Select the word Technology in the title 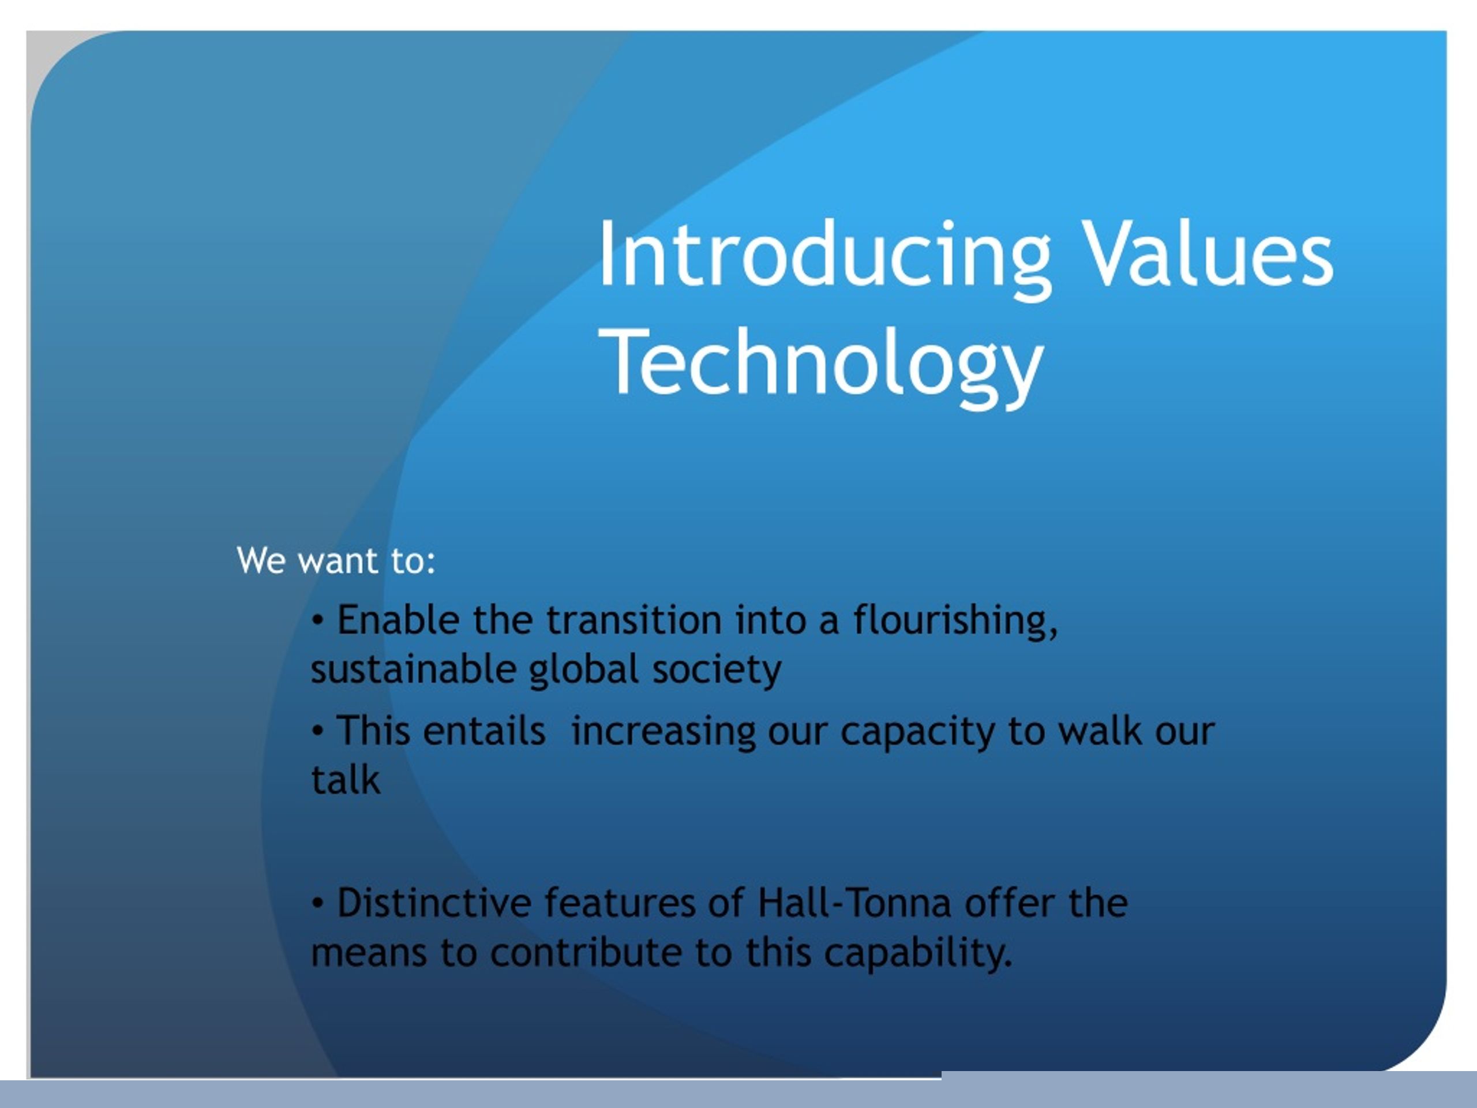(822, 365)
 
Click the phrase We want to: (336, 560)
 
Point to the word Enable (398, 619)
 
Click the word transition (633, 619)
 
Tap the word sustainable (413, 669)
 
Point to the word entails (483, 730)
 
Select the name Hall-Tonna (854, 903)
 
